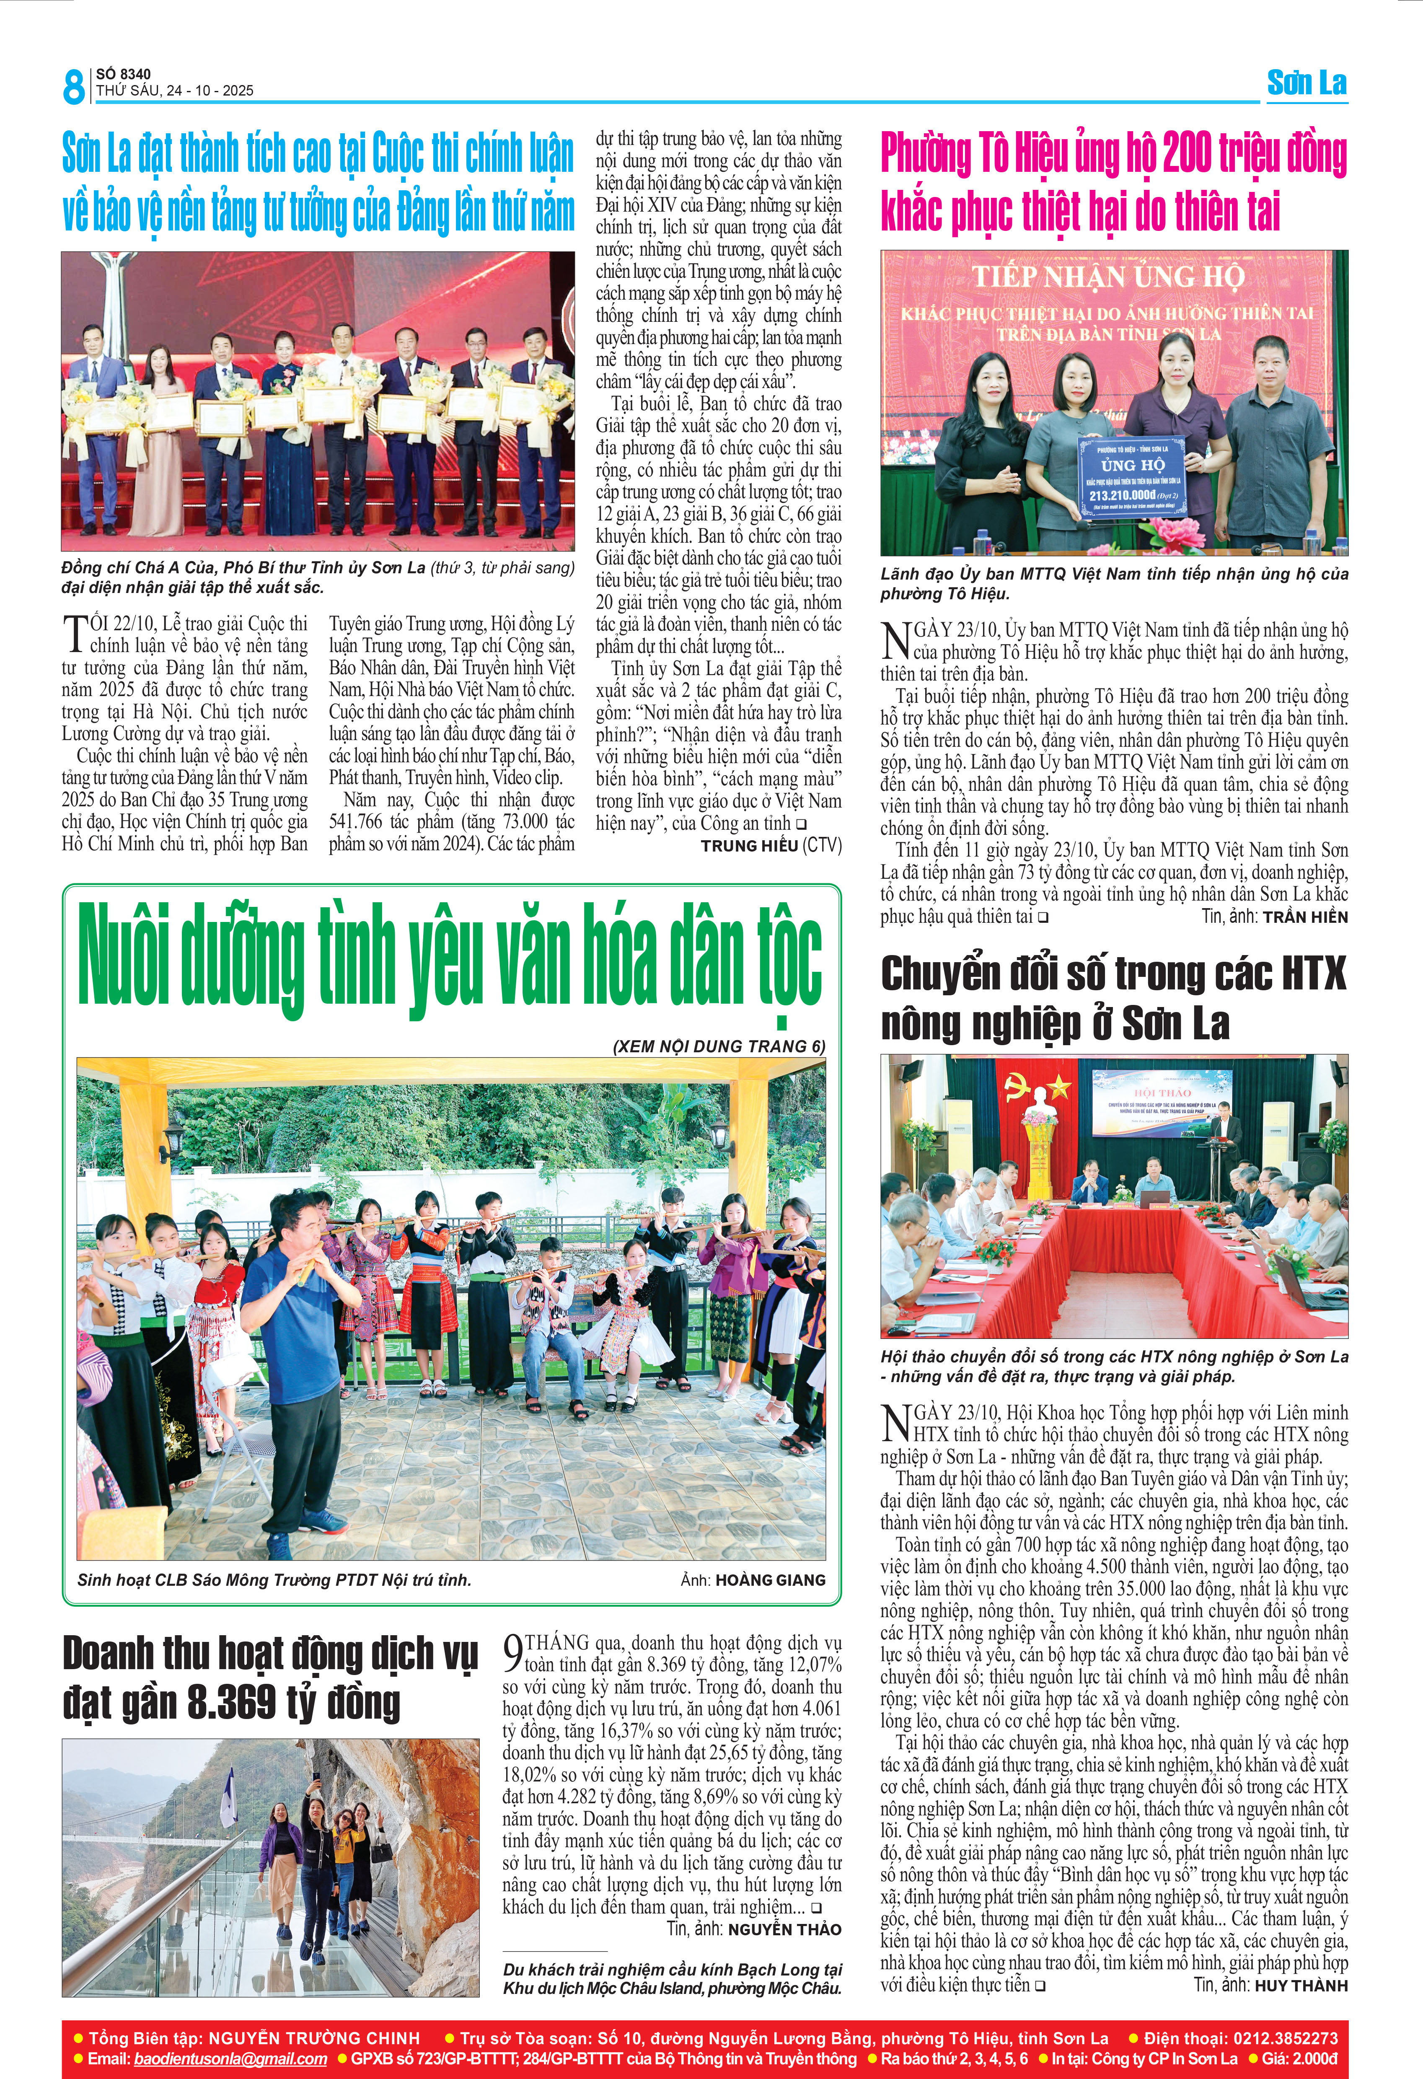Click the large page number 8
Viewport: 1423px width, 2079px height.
(x=73, y=87)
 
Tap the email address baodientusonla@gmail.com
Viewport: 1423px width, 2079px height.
(x=231, y=2058)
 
